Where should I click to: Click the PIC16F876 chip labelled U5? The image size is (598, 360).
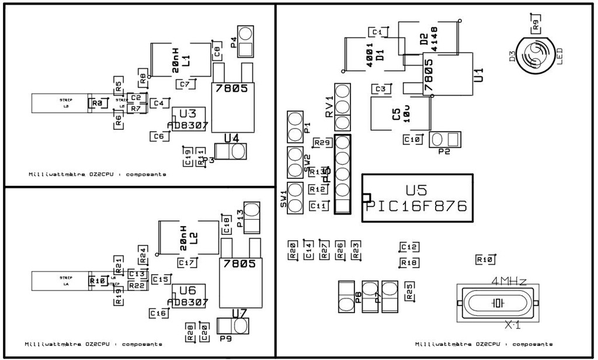(x=418, y=198)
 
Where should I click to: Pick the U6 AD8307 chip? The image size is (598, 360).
(x=187, y=296)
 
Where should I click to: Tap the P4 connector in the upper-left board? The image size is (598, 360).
(x=246, y=41)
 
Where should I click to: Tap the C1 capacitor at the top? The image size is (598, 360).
(x=377, y=32)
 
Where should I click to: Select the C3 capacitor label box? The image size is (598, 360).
(x=381, y=89)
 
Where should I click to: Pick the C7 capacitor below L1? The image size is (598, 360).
(x=185, y=84)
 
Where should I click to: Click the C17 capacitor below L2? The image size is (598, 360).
(x=186, y=263)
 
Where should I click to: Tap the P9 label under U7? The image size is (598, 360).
(x=226, y=338)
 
